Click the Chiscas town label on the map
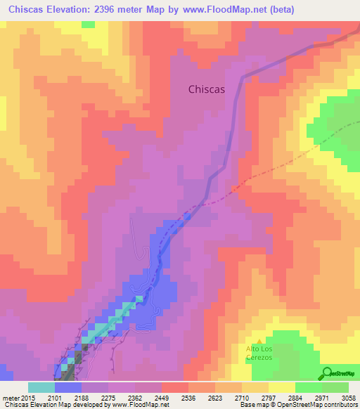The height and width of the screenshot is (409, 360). coord(212,89)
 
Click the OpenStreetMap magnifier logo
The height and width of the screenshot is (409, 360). coord(327,373)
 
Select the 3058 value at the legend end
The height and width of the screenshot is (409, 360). coord(348,398)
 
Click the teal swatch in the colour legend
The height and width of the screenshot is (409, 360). coord(41,387)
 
